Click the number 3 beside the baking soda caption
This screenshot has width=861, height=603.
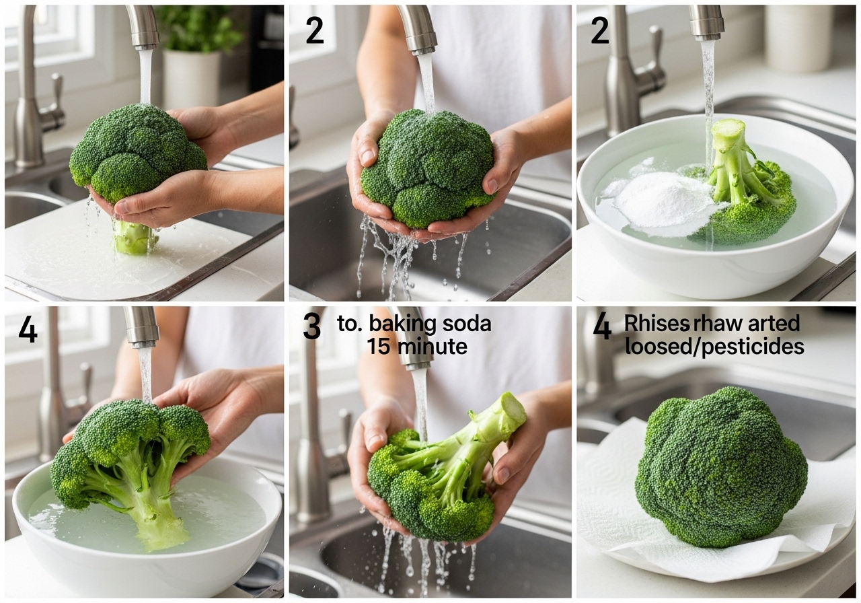click(x=311, y=327)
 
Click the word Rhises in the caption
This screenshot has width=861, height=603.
click(x=657, y=324)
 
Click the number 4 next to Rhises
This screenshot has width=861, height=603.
click(x=602, y=327)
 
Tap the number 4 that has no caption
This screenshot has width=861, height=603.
click(x=28, y=330)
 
